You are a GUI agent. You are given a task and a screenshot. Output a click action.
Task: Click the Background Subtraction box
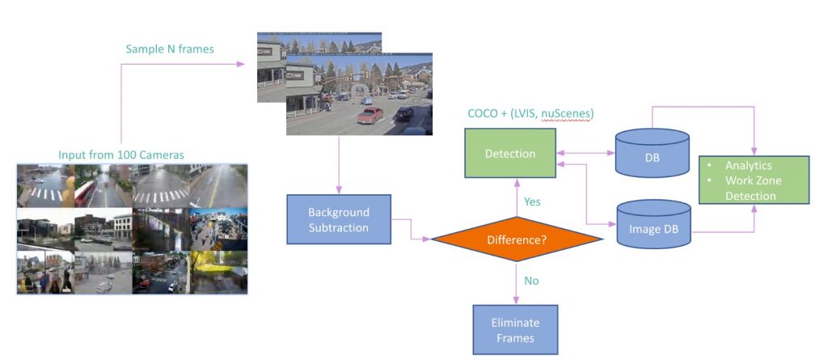[339, 219]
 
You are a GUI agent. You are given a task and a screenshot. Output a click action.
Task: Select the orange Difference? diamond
[517, 239]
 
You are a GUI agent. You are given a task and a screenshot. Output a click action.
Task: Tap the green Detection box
[510, 154]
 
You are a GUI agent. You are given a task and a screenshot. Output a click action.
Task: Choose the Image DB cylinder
[653, 224]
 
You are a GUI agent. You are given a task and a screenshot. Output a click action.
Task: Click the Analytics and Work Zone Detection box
[754, 180]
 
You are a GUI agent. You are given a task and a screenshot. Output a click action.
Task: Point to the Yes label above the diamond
[532, 201]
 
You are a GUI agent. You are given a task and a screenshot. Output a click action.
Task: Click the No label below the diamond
[531, 281]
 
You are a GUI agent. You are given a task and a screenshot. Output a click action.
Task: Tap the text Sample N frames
[170, 49]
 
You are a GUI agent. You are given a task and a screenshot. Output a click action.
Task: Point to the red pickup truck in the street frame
[370, 114]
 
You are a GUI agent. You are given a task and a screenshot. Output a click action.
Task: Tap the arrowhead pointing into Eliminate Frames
[515, 302]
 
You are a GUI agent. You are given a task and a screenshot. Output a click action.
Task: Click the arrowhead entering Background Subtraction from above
[339, 191]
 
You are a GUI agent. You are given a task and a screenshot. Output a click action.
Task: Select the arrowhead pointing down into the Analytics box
[754, 152]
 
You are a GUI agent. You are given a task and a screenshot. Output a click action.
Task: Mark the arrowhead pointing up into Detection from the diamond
[517, 182]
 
